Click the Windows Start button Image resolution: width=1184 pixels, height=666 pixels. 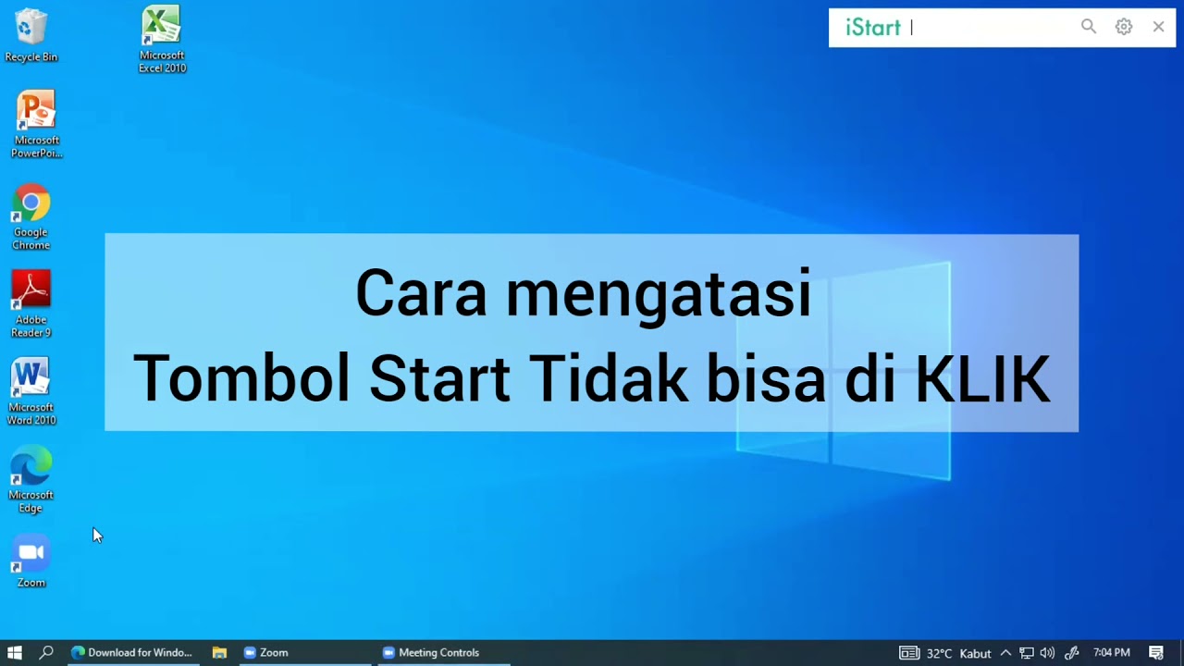15,652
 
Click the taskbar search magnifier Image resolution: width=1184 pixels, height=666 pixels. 46,652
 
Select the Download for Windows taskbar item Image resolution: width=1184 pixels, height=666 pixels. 131,652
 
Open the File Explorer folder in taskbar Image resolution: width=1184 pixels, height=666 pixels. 219,652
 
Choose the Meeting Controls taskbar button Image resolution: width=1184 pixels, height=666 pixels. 431,652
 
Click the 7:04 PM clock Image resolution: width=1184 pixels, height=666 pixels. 1111,652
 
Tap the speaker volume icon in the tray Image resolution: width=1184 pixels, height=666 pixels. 1047,652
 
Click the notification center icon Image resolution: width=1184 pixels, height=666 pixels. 1156,652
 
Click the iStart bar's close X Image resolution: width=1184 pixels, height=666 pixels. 1158,27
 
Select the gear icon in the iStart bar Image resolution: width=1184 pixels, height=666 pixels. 1124,27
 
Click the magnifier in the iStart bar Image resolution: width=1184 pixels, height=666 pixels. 1089,27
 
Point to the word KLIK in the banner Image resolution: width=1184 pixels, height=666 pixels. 982,378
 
